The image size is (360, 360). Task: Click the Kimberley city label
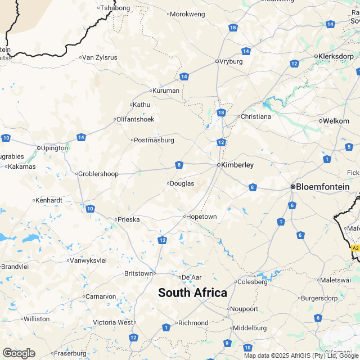(x=238, y=165)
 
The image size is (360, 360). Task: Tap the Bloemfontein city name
(x=323, y=187)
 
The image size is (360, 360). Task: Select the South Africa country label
(x=192, y=292)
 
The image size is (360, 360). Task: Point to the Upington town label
(x=55, y=148)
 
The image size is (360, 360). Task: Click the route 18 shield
(x=221, y=113)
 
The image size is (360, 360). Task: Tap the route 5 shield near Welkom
(x=349, y=147)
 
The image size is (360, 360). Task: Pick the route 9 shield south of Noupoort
(x=227, y=343)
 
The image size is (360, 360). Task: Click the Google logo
(x=19, y=353)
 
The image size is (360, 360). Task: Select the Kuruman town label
(x=166, y=91)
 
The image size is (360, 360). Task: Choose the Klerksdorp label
(x=336, y=56)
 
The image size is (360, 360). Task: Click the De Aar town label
(x=192, y=277)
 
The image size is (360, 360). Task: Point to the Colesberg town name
(x=253, y=282)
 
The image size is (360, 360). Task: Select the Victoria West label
(x=114, y=322)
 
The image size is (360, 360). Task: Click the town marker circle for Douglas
(x=168, y=183)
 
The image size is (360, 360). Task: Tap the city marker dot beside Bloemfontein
(x=292, y=187)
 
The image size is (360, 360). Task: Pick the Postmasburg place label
(x=154, y=140)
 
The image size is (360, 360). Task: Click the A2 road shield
(x=355, y=247)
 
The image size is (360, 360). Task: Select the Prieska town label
(x=128, y=219)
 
